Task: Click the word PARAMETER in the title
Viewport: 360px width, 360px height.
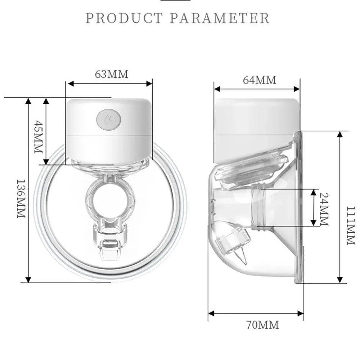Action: [x=219, y=18]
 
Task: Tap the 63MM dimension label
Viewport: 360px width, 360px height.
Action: [x=111, y=74]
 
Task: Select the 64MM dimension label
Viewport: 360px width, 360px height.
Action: [x=260, y=80]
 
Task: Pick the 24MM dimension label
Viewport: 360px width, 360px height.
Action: [x=323, y=208]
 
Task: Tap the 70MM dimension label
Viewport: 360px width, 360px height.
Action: [x=262, y=325]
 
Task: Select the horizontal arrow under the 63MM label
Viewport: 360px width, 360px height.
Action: [x=110, y=84]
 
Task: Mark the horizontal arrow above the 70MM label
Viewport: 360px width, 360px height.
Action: [x=256, y=314]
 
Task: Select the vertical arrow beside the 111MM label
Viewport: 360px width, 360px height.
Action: [x=339, y=207]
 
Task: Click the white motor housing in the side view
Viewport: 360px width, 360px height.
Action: [x=256, y=122]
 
